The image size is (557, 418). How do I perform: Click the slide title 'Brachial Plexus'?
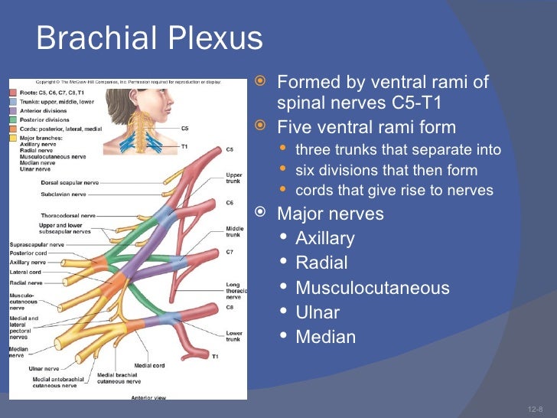(149, 39)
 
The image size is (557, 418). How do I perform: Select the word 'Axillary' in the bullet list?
(324, 239)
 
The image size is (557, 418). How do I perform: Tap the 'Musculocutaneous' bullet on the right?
(372, 289)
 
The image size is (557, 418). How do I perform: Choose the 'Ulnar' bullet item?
(317, 313)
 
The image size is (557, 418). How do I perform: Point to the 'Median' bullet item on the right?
(325, 338)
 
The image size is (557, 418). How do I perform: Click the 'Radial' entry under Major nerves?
(321, 263)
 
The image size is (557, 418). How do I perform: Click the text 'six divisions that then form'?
(386, 170)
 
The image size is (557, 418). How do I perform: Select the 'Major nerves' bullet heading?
(330, 213)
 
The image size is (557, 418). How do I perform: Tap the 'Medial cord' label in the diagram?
(149, 365)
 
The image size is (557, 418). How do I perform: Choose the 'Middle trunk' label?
(234, 231)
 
